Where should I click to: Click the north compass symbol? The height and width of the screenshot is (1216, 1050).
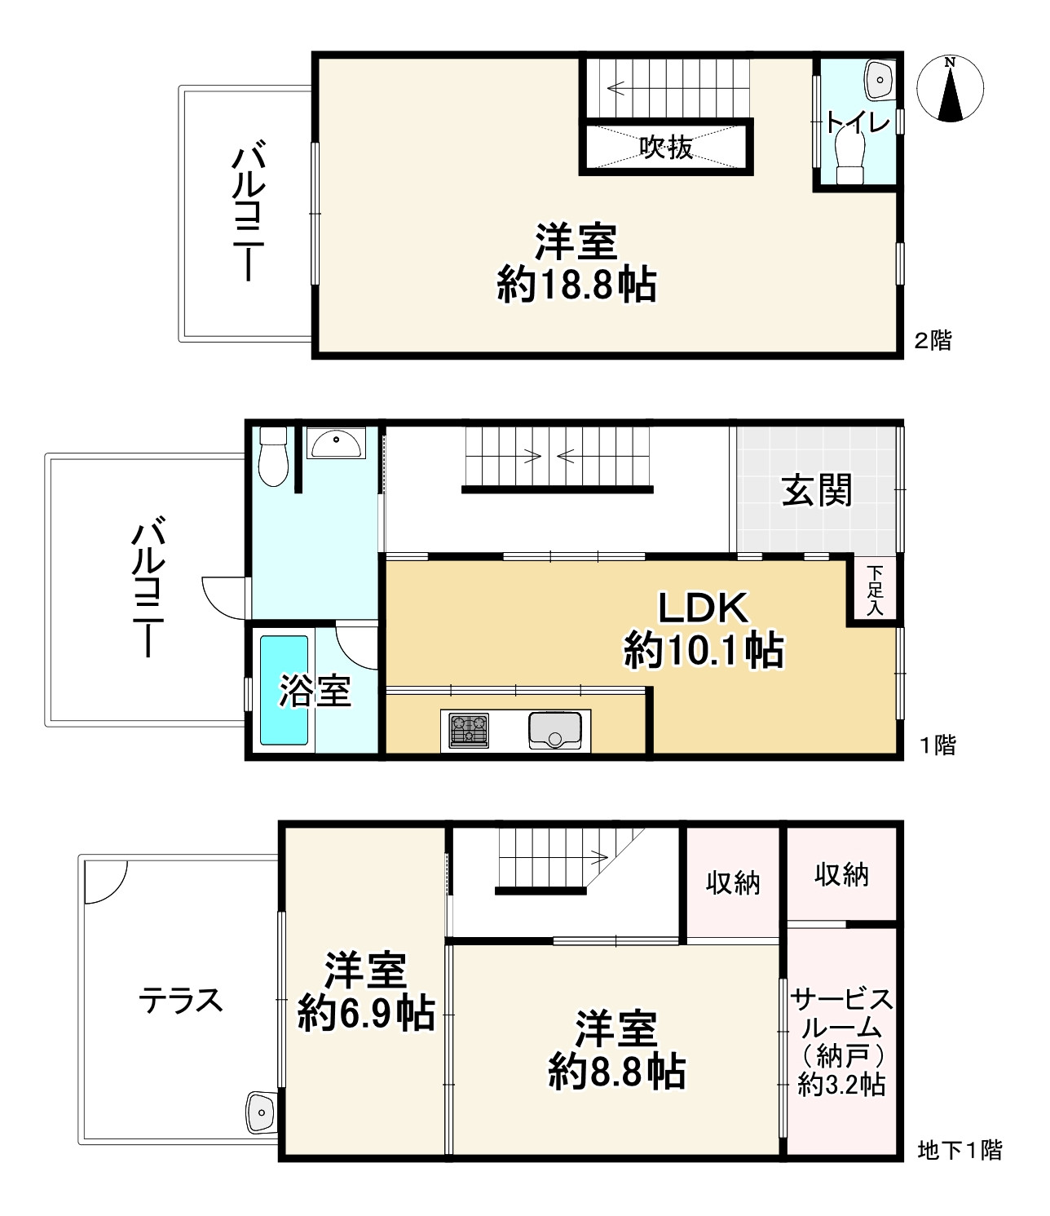950,89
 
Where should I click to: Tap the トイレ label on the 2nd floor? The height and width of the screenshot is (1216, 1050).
858,122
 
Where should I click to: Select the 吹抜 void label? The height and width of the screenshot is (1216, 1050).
666,147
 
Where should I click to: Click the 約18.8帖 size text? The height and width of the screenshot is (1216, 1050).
576,285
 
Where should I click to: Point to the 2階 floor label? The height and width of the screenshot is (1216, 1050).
933,340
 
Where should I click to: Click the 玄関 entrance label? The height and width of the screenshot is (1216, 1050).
817,490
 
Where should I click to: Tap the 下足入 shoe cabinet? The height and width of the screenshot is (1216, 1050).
875,590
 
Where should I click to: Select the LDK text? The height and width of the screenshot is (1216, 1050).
704,608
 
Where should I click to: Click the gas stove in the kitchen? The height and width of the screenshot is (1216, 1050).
469,731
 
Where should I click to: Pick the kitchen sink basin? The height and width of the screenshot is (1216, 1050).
555,731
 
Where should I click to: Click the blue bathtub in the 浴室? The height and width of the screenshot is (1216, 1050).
284,690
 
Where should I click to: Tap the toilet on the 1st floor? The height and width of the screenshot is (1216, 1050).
273,456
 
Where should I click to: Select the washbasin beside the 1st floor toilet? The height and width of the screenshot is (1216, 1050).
337,443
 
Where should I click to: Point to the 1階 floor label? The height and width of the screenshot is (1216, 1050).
937,745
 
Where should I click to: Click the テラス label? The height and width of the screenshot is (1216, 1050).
180,1001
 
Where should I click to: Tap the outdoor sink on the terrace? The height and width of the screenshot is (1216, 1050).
261,1112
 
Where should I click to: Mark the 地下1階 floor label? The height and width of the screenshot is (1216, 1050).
960,1150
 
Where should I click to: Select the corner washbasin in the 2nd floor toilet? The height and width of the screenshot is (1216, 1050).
880,80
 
